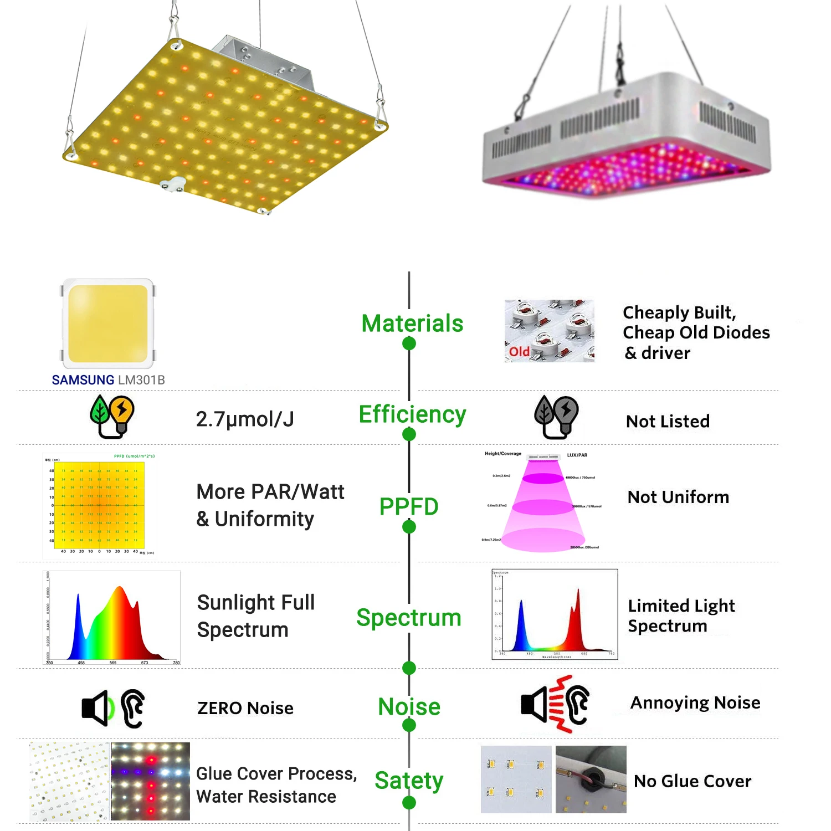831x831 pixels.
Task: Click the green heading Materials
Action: tap(412, 324)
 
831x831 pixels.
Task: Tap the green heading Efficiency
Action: tap(412, 414)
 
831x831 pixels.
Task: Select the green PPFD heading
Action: tap(409, 506)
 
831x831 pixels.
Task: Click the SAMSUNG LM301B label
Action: tap(109, 380)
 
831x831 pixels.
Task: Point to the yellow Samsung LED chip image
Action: tap(108, 324)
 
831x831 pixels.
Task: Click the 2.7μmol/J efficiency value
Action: tap(245, 419)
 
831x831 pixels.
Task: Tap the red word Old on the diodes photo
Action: tap(519, 352)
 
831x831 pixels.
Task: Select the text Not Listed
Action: tap(668, 422)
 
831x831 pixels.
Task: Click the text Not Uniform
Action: tap(678, 497)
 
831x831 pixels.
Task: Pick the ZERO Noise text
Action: tap(245, 708)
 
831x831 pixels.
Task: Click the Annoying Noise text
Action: tap(695, 702)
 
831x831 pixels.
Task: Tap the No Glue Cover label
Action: tap(693, 781)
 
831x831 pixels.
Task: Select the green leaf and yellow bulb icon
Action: tap(112, 417)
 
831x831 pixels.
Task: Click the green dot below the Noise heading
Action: tap(409, 725)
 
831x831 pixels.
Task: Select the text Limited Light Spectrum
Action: tap(681, 615)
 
